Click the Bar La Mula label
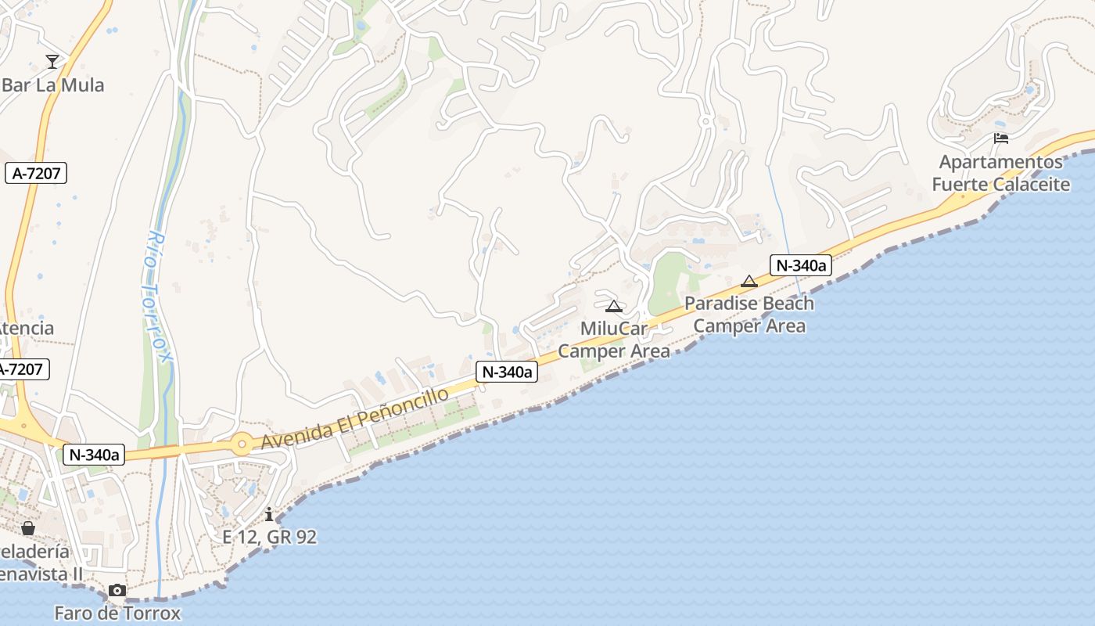pyautogui.click(x=53, y=85)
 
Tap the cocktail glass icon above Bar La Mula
pyautogui.click(x=52, y=61)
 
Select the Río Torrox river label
pyautogui.click(x=157, y=297)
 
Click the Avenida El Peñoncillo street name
pyautogui.click(x=355, y=418)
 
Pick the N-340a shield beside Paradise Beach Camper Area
pyautogui.click(x=800, y=265)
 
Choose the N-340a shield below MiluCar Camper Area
pyautogui.click(x=507, y=372)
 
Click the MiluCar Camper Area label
pyautogui.click(x=614, y=340)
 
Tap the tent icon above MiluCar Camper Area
pyautogui.click(x=613, y=306)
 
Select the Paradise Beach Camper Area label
pyautogui.click(x=749, y=315)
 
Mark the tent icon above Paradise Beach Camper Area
pyautogui.click(x=749, y=281)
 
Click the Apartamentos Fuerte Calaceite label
pyautogui.click(x=1001, y=173)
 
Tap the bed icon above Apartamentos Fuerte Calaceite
pyautogui.click(x=1000, y=139)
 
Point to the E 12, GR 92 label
pyautogui.click(x=270, y=537)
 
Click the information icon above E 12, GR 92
pyautogui.click(x=269, y=514)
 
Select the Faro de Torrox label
pyautogui.click(x=117, y=613)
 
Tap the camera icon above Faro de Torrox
pyautogui.click(x=117, y=590)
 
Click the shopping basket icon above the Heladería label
pyautogui.click(x=28, y=528)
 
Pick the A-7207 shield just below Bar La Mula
pyautogui.click(x=37, y=173)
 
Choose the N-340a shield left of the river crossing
pyautogui.click(x=94, y=455)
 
